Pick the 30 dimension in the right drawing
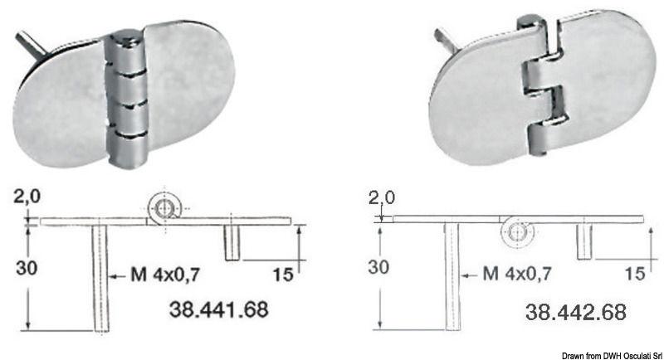(378, 267)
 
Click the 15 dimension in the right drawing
(633, 271)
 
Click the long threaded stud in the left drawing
(100, 278)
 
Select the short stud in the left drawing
(232, 241)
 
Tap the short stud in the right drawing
(583, 241)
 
